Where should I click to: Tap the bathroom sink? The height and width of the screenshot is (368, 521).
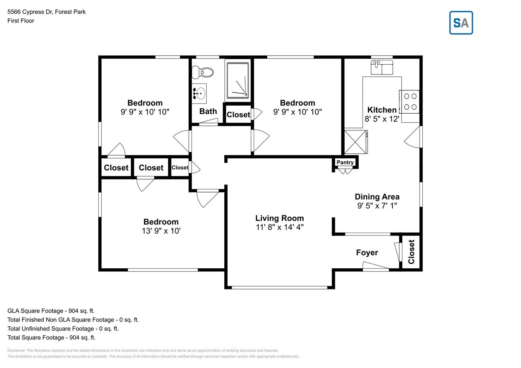[x=199, y=93]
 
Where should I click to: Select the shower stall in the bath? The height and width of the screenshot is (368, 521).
[x=237, y=80]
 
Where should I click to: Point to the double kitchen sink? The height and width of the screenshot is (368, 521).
[x=381, y=67]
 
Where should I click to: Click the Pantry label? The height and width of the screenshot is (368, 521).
[x=345, y=163]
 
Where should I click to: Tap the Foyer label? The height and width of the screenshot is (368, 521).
[x=367, y=253]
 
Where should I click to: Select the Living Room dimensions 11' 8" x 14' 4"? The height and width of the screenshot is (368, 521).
[x=280, y=227]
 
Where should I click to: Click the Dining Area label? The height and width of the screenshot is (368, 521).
[x=377, y=197]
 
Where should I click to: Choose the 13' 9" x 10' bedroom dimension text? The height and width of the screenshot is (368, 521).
[x=160, y=231]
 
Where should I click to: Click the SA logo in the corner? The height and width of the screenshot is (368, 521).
[x=461, y=23]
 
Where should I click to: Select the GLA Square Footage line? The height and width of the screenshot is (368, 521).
[x=51, y=311]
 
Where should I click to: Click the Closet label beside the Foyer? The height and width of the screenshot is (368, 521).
[x=411, y=252]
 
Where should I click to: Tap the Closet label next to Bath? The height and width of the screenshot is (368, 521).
[x=238, y=114]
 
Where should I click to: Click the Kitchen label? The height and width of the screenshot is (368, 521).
[x=382, y=110]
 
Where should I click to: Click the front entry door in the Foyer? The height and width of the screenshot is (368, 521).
[x=376, y=269]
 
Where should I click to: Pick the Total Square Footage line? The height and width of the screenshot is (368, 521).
[x=52, y=338]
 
